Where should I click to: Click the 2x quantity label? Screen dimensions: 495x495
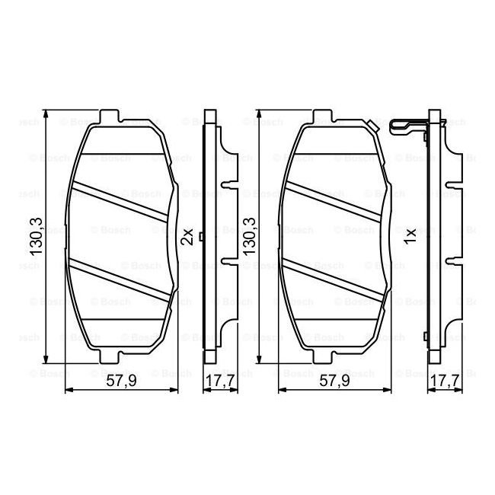[187, 238]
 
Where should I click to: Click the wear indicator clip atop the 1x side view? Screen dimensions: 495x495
[407, 125]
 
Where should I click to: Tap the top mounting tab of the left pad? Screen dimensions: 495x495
[111, 119]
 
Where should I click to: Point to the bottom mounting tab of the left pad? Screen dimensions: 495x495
[111, 356]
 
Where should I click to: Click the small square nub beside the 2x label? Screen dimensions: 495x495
[200, 236]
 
